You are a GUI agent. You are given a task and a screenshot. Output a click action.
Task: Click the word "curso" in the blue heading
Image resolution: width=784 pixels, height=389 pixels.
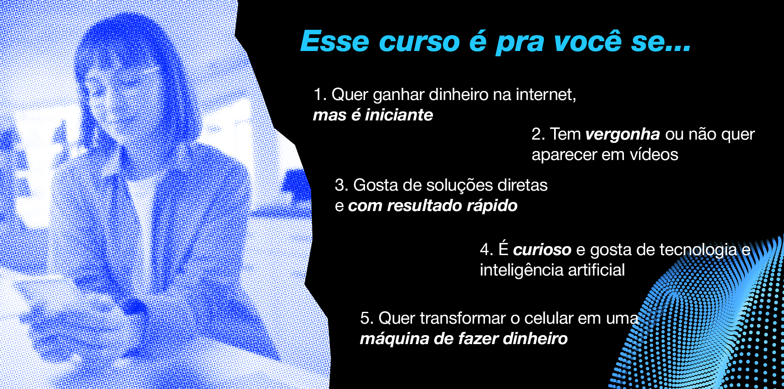[419, 42]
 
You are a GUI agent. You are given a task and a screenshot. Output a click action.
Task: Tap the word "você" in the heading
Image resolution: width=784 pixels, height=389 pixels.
[588, 41]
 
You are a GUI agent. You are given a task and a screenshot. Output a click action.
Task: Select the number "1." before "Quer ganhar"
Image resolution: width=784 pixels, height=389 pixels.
[320, 95]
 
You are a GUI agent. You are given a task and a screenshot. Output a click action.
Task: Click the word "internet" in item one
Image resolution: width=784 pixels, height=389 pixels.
[546, 95]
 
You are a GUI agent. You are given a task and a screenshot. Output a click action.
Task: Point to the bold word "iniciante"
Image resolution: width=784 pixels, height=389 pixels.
[399, 115]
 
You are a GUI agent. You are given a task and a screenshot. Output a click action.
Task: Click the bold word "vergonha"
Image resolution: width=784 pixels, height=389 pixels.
[623, 135]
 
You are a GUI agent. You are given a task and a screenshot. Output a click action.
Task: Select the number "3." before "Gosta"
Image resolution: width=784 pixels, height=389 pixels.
[341, 185]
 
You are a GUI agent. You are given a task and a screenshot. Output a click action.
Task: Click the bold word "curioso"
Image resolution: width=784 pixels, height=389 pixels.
[542, 250]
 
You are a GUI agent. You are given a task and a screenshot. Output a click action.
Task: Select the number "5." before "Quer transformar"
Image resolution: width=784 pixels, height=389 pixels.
[367, 318]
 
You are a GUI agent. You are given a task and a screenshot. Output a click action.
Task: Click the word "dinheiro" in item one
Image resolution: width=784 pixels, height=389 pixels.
[459, 95]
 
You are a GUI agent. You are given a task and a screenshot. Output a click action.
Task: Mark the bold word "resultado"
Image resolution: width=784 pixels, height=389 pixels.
[424, 206]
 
